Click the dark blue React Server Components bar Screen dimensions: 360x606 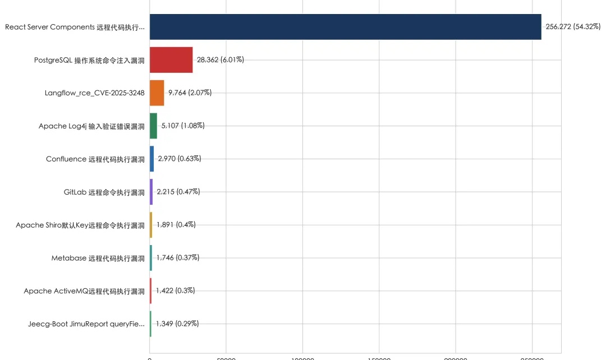click(x=345, y=27)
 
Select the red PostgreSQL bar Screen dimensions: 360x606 click(x=171, y=60)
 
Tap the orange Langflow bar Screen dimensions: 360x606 click(x=157, y=93)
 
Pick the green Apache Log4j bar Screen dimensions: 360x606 click(x=153, y=126)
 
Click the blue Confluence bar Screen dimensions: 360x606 click(x=151, y=159)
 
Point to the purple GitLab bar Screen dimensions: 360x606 click(x=151, y=192)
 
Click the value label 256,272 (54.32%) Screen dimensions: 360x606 click(x=573, y=26)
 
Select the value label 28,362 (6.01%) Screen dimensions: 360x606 click(x=220, y=59)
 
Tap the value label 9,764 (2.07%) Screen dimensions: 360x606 click(x=190, y=93)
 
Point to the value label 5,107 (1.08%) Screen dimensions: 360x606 click(x=183, y=126)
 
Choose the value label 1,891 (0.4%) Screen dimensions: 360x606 click(x=176, y=224)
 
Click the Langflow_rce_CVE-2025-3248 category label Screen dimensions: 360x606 click(x=94, y=93)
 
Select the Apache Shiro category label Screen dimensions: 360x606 click(x=80, y=225)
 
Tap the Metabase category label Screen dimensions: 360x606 click(x=98, y=259)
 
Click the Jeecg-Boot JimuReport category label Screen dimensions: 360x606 click(x=86, y=324)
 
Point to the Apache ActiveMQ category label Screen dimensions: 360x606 click(x=84, y=291)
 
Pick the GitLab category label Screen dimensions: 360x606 click(x=104, y=192)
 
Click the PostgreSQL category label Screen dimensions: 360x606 click(x=89, y=60)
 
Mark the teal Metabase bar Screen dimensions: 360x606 click(x=151, y=258)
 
